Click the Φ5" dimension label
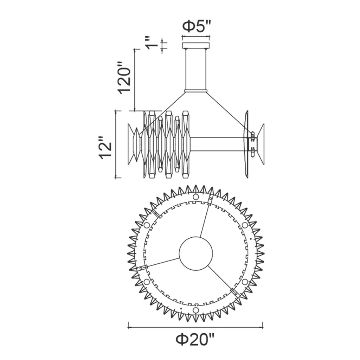coord(196,26)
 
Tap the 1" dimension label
coord(152,43)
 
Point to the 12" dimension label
coord(105,148)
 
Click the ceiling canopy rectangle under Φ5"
coord(196,45)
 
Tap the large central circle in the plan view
coord(196,253)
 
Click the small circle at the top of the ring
coord(195,197)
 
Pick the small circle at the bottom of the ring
coord(195,310)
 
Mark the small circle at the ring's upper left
coord(147,225)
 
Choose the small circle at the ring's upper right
coord(245,225)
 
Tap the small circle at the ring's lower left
coord(147,282)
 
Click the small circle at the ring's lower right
coord(245,282)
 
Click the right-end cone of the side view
coord(261,144)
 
